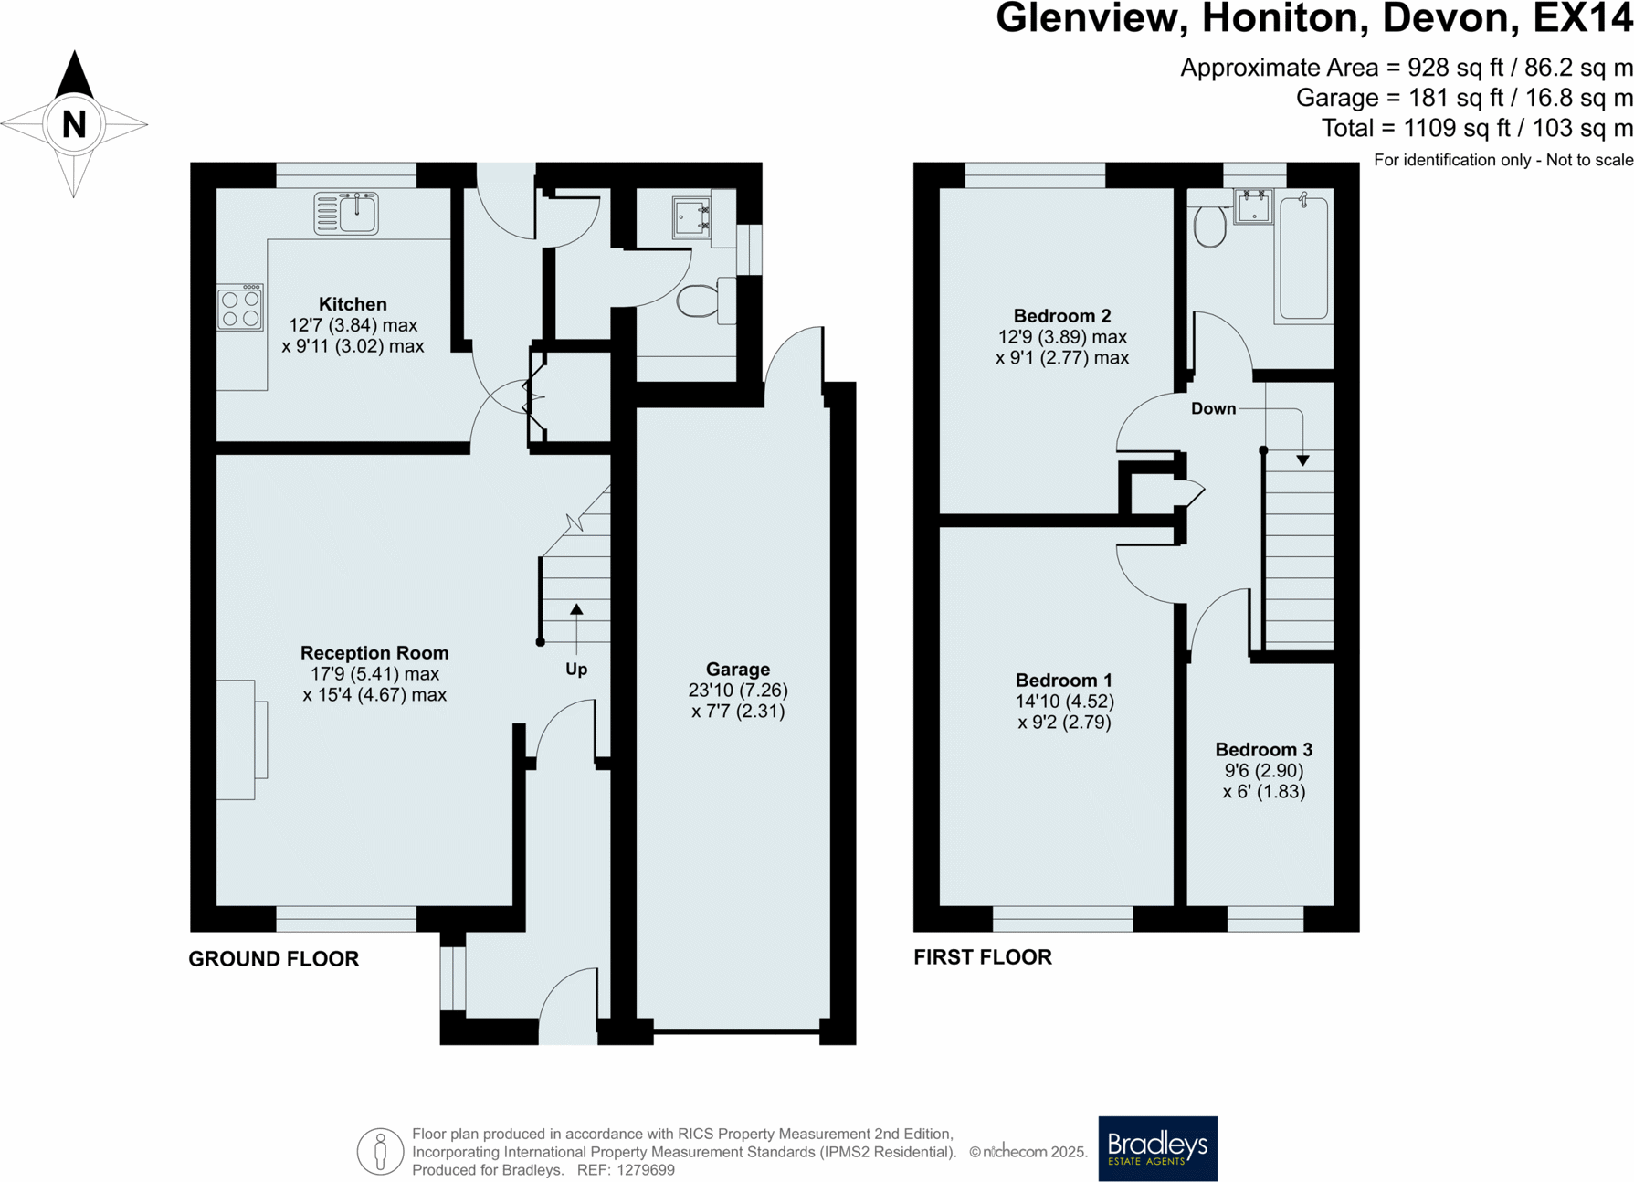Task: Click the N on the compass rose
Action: [x=74, y=123]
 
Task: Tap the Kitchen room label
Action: [x=353, y=304]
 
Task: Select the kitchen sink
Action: [x=346, y=213]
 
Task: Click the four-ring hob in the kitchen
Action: [x=240, y=307]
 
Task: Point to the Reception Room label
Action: [x=374, y=653]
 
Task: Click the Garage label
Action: [x=738, y=670]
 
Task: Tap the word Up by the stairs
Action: [x=576, y=670]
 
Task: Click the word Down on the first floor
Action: [x=1213, y=408]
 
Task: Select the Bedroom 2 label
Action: [x=1062, y=316]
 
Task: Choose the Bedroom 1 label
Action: [x=1064, y=681]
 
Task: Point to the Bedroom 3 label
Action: [x=1264, y=750]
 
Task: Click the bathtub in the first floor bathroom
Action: [x=1303, y=258]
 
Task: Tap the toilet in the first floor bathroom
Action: [x=1210, y=225]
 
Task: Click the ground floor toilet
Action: [x=703, y=301]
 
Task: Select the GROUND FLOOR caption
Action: [x=274, y=959]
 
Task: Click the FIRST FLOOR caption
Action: [x=983, y=957]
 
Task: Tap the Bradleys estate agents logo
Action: [x=1157, y=1148]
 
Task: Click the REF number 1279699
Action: [x=646, y=1170]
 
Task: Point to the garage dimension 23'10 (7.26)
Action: [x=738, y=691]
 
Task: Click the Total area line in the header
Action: [x=1477, y=128]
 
